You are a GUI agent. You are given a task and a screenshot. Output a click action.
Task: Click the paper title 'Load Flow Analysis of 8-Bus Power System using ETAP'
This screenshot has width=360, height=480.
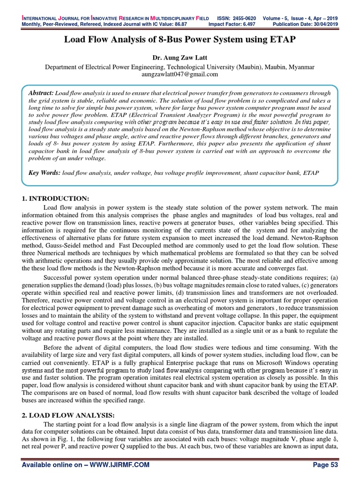click(180, 39)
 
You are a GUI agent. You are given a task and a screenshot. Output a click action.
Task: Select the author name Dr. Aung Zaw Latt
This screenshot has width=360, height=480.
click(180, 58)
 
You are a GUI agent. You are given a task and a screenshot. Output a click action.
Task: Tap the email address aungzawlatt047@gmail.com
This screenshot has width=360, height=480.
click(180, 74)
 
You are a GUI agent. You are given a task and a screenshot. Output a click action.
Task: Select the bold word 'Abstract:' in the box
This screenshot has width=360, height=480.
click(41, 93)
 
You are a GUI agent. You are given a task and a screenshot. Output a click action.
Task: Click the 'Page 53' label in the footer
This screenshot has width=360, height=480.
click(324, 465)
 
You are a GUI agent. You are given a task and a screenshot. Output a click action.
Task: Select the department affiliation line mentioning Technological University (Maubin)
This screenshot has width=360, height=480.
click(180, 67)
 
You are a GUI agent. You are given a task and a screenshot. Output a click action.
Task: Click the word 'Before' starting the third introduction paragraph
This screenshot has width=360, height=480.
click(52, 347)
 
